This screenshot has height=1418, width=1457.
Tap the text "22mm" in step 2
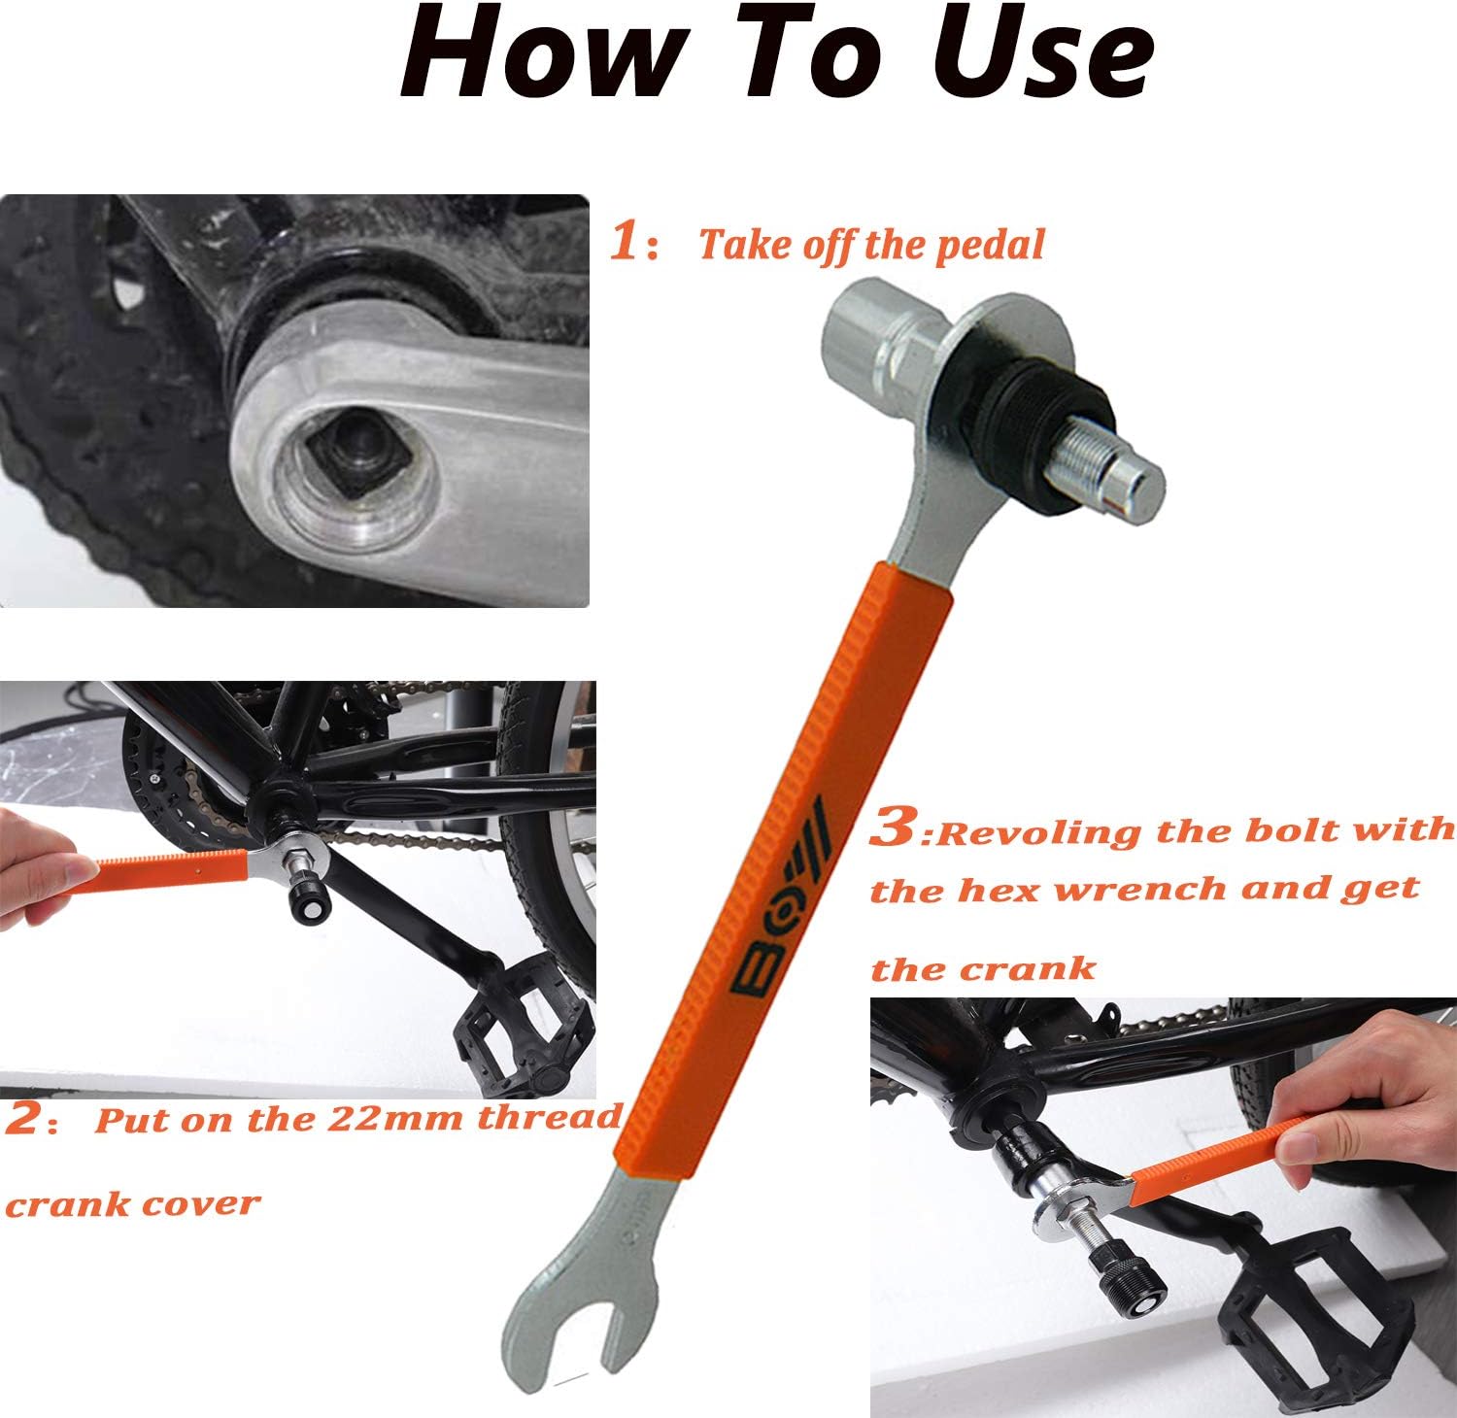pos(398,1119)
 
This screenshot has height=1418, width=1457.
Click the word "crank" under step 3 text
pos(1030,968)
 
